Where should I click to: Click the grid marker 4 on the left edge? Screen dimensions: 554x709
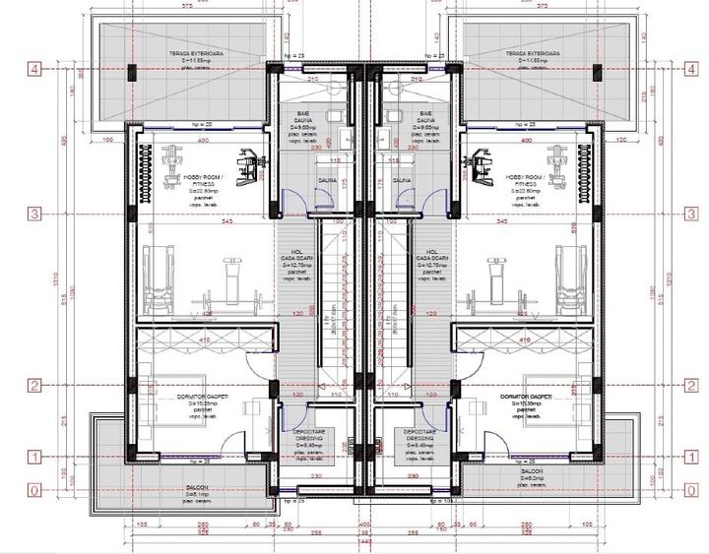pyautogui.click(x=33, y=70)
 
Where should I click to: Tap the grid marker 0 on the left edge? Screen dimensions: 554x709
pyautogui.click(x=33, y=490)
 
